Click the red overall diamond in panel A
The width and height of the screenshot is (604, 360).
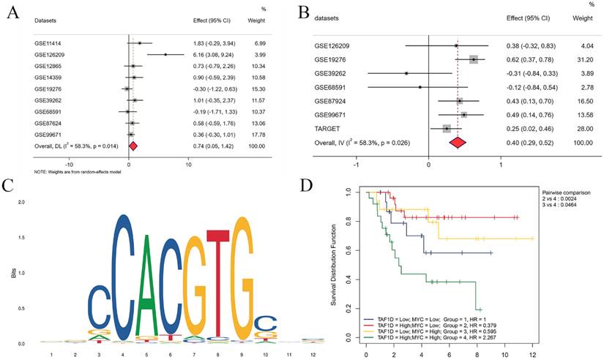[x=133, y=146]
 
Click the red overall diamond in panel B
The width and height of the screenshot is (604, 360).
[x=458, y=142]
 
